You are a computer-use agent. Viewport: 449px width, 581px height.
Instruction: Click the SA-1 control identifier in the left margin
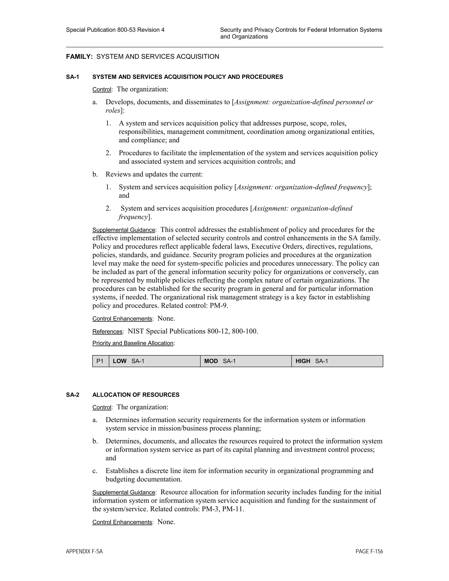(73, 77)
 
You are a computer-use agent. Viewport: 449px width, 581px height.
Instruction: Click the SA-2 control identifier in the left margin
(73, 395)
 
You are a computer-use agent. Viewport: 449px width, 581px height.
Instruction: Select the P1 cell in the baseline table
(100, 361)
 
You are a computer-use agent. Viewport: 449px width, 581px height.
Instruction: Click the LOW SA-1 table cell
(155, 361)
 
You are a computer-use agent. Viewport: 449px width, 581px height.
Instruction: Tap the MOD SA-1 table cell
(246, 361)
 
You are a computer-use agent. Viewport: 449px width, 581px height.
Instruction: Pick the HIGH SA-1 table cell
(337, 361)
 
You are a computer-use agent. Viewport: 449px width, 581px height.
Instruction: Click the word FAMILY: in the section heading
(79, 57)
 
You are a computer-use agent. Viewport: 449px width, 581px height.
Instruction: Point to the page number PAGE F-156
(369, 551)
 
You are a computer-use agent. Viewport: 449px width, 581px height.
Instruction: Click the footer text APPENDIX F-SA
(84, 551)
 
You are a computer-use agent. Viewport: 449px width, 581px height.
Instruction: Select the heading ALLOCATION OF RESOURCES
(136, 395)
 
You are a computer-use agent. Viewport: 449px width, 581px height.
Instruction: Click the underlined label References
(107, 332)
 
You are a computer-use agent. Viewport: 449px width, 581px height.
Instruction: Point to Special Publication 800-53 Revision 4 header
(115, 30)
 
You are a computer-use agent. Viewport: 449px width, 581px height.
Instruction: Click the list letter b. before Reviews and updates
(95, 175)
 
